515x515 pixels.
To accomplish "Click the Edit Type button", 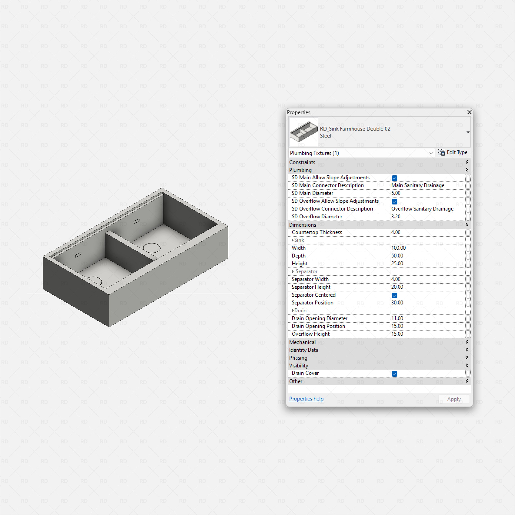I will pos(452,152).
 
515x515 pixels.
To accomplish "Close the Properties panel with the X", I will pos(469,112).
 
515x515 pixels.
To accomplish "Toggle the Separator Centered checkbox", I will pos(394,295).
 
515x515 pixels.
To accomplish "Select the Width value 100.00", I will pos(398,248).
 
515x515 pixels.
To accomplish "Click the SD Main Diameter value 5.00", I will pos(396,193).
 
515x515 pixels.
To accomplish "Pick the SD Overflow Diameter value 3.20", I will pos(396,216).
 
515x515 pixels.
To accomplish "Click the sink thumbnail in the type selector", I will pos(304,132).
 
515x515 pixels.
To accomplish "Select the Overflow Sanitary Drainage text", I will pos(422,209).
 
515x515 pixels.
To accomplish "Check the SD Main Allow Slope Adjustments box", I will pos(394,178).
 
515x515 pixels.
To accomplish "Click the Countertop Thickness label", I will pos(317,232).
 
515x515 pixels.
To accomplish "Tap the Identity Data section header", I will pos(304,350).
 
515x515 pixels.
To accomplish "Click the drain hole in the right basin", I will pos(152,248).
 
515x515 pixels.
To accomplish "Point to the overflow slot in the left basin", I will pos(78,255).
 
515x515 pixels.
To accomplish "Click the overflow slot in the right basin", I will pos(136,221).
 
